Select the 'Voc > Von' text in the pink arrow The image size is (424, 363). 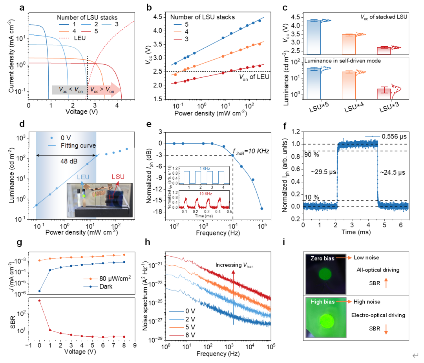(x=102, y=90)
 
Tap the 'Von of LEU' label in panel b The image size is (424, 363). (x=254, y=77)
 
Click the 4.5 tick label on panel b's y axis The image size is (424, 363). (x=158, y=17)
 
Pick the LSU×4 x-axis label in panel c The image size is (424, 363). (x=354, y=107)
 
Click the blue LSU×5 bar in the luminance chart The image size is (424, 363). (x=314, y=84)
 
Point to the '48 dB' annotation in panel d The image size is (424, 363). (x=69, y=161)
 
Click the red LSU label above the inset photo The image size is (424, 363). (x=118, y=177)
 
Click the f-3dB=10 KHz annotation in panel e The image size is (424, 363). (x=251, y=151)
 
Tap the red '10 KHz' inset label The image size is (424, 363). (x=206, y=194)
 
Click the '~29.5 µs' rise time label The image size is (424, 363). (x=323, y=172)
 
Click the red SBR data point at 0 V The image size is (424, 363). (x=40, y=301)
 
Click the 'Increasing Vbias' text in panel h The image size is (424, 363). (x=234, y=265)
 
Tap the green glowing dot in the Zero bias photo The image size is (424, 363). (x=325, y=274)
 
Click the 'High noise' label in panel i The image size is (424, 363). (x=367, y=302)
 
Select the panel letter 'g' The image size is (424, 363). (x=19, y=243)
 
